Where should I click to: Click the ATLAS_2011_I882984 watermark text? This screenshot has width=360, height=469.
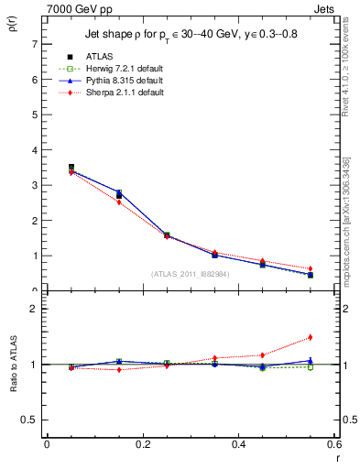point(190,273)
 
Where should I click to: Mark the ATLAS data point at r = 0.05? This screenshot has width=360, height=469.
point(71,168)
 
